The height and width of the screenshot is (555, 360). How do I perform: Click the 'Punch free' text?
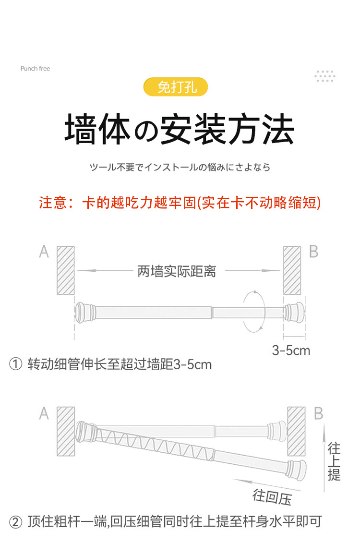tap(35, 69)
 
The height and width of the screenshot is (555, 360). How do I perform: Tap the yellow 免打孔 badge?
tap(177, 88)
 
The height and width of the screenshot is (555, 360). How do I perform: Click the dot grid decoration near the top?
tap(325, 76)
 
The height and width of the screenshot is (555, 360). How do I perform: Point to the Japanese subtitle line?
tap(180, 168)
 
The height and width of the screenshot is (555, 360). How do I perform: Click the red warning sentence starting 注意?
tap(180, 203)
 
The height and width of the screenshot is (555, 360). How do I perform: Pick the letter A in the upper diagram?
tap(44, 252)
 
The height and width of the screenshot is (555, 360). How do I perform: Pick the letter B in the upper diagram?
tap(313, 251)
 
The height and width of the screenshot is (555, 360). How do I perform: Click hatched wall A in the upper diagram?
tap(66, 270)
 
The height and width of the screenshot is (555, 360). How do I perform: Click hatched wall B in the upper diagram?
tap(292, 270)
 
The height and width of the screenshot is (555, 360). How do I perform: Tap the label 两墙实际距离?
tap(177, 271)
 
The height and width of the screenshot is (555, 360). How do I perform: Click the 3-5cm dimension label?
tap(291, 350)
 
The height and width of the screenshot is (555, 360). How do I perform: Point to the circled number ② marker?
tap(16, 521)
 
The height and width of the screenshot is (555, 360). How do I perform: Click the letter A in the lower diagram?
tap(44, 413)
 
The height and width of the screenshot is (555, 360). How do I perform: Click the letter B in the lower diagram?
tap(318, 413)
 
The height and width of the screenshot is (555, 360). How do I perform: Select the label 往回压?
tap(272, 497)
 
